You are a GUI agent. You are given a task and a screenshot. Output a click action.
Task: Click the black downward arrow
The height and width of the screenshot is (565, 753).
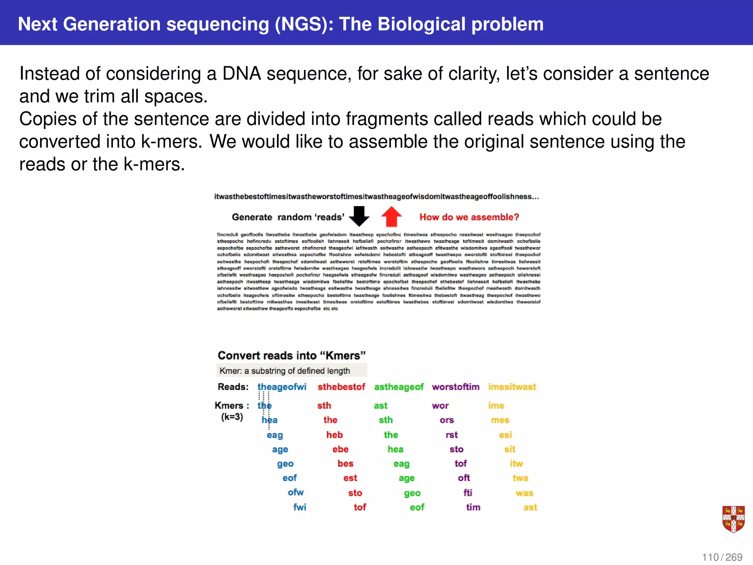(359, 216)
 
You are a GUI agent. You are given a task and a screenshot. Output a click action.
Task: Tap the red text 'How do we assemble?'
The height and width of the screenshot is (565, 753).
(469, 217)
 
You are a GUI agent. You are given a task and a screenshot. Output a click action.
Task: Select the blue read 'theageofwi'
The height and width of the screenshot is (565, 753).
(282, 387)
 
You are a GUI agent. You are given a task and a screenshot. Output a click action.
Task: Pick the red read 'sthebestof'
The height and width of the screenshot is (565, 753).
(341, 387)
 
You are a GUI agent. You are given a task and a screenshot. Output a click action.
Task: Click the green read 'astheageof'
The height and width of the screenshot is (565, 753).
(399, 387)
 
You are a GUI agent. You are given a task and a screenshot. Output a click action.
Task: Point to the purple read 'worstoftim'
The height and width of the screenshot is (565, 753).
(456, 387)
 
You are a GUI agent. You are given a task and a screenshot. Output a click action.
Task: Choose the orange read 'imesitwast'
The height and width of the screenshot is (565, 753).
(512, 387)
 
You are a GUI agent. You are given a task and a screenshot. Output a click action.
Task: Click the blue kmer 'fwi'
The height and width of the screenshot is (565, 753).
(300, 507)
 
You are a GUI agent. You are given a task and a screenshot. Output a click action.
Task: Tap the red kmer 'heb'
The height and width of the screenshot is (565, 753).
(335, 435)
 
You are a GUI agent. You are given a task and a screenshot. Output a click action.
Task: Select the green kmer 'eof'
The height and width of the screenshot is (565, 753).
(417, 507)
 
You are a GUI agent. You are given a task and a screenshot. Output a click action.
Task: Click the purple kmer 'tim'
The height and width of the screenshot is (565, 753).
(473, 507)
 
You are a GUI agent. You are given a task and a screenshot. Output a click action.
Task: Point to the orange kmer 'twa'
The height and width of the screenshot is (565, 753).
(520, 478)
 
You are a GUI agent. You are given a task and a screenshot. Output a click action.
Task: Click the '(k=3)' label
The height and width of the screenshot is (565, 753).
(232, 417)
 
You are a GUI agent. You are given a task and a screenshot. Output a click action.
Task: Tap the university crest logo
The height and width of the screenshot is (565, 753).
(733, 519)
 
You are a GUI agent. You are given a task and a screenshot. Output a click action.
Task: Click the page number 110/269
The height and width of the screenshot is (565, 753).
(722, 557)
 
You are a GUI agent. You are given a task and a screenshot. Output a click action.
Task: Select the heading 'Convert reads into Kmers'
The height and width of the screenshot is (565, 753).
(292, 355)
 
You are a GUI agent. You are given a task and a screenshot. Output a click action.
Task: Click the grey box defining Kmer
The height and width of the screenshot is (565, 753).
(292, 370)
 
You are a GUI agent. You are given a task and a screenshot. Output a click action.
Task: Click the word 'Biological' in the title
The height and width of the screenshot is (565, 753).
(421, 24)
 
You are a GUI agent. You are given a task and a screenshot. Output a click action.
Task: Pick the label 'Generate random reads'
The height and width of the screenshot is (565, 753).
(288, 217)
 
